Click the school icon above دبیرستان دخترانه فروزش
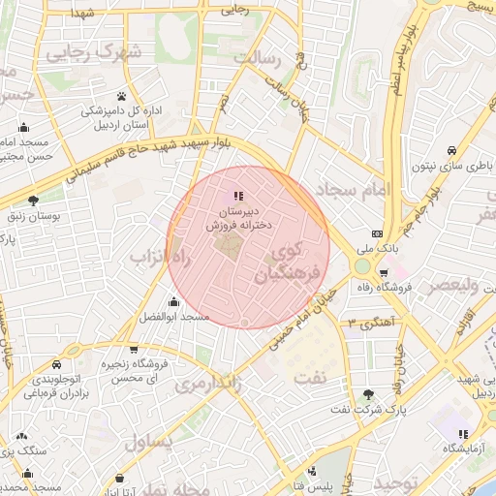[x=239, y=196]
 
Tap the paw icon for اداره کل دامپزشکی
[x=121, y=96]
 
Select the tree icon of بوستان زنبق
[x=34, y=201]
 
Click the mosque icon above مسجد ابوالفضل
[x=173, y=302]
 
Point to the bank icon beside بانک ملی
[x=376, y=233]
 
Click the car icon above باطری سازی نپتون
[x=451, y=150]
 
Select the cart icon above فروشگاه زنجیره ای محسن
[x=133, y=349]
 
